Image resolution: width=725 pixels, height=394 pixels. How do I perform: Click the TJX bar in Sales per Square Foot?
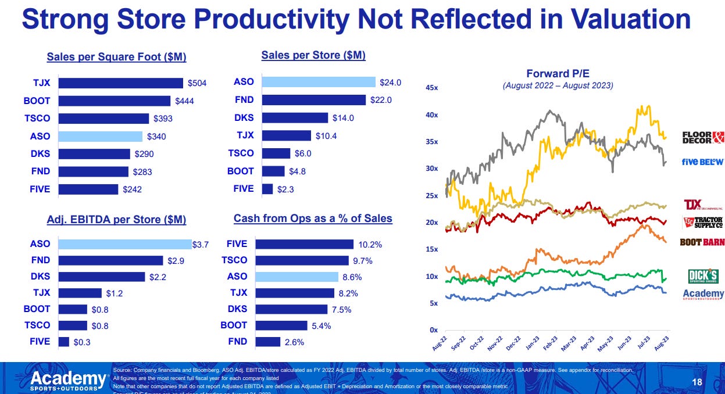pos(120,83)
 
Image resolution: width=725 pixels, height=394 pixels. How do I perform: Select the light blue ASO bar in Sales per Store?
pos(319,82)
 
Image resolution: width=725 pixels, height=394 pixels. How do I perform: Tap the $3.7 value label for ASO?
pos(201,245)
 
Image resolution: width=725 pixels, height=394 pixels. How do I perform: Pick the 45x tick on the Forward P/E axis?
pos(431,88)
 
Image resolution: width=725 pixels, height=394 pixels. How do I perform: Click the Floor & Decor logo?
pos(703,138)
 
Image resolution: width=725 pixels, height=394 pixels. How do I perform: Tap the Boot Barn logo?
pos(702,242)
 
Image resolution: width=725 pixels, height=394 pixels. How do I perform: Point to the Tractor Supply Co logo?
pos(702,223)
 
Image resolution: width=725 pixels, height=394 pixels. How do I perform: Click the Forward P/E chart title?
pos(558,73)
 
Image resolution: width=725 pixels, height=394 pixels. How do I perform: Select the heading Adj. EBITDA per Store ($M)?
pos(116,220)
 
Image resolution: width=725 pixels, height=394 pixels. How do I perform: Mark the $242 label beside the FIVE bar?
pos(132,189)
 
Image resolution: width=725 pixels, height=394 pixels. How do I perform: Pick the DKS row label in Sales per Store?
pos(244,117)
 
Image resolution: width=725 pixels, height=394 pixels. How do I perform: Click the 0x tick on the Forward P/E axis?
pos(433,330)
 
